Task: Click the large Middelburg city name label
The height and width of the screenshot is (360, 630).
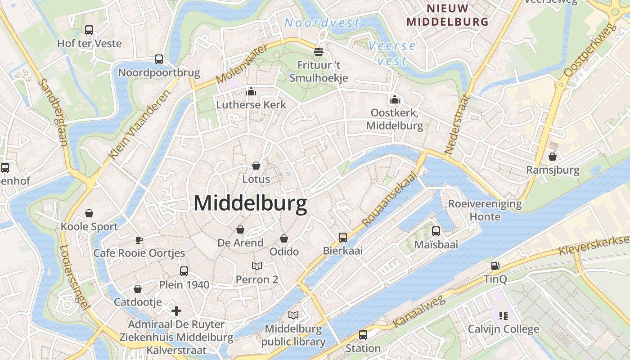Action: [250, 203]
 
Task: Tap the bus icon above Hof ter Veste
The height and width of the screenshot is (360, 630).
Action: [89, 30]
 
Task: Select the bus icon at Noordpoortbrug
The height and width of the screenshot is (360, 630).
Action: [159, 59]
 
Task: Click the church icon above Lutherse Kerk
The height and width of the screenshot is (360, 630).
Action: [251, 92]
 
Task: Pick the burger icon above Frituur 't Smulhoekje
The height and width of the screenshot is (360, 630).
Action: [319, 52]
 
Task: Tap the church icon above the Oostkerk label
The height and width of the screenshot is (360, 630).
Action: [395, 99]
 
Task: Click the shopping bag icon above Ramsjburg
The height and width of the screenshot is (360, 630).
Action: [553, 157]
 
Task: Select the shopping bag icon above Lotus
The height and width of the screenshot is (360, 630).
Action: [256, 166]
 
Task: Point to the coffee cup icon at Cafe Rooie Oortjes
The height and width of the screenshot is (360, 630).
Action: [139, 239]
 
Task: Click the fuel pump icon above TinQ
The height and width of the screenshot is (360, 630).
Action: [495, 266]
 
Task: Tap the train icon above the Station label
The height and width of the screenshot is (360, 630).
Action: [363, 335]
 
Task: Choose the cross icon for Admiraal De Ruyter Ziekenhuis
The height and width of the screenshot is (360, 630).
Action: [176, 310]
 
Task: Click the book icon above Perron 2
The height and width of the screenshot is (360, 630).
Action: [257, 266]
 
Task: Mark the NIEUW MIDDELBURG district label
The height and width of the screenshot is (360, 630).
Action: [447, 15]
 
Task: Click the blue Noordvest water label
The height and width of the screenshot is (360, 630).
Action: [322, 22]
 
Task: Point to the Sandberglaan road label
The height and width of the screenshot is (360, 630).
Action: [53, 112]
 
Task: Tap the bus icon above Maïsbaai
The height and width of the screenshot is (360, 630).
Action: [436, 231]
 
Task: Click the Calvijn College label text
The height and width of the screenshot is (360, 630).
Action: [503, 329]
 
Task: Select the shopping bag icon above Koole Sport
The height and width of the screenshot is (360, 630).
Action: [89, 213]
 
